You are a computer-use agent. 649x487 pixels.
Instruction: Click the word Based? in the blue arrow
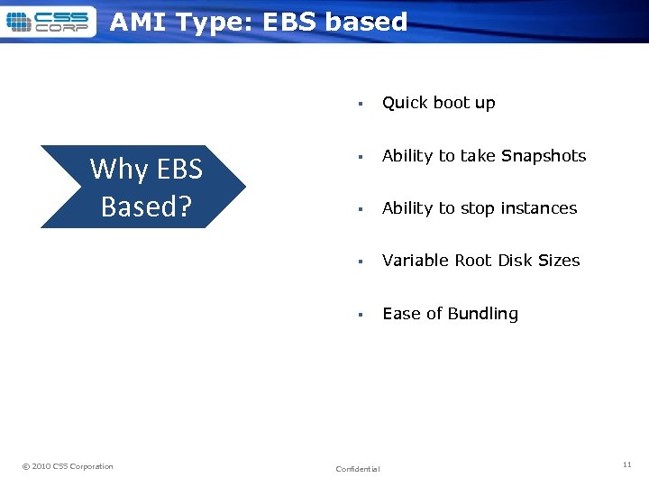coord(146,207)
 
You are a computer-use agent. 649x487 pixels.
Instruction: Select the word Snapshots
coord(544,156)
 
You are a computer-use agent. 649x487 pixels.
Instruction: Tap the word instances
coord(538,208)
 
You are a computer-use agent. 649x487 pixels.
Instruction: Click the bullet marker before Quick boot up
coord(359,104)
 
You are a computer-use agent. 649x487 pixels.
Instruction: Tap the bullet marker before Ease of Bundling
coord(359,315)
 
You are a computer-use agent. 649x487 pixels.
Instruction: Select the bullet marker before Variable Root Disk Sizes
coord(359,262)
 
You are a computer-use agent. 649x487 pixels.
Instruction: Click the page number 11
coord(626,464)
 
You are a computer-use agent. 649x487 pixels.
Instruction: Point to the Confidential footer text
coord(358,469)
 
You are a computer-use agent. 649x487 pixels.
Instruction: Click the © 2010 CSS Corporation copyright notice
coord(68,466)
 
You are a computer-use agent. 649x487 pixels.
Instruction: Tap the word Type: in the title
coord(215,22)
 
